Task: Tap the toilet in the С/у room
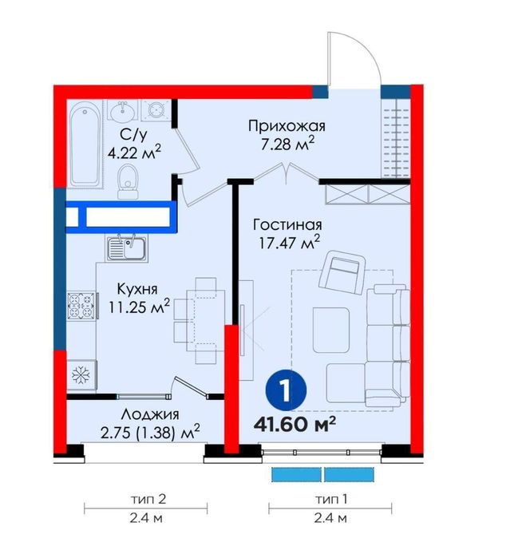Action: coord(125,184)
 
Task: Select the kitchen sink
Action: coord(125,247)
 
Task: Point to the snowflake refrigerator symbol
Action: coord(81,374)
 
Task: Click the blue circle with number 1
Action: coord(284,390)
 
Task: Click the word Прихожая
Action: coord(277,125)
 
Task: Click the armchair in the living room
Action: coord(341,271)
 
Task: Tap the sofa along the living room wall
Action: coord(389,347)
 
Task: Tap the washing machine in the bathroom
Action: coord(156,111)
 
